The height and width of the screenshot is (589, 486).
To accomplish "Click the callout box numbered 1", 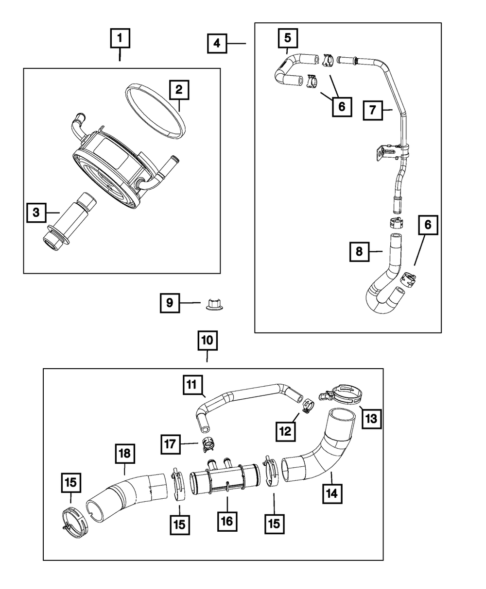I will pos(120,38).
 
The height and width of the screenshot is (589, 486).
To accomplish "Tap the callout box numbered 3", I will pos(37,213).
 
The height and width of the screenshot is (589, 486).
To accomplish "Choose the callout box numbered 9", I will pos(170,303).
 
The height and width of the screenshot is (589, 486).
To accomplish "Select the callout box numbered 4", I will pos(217,43).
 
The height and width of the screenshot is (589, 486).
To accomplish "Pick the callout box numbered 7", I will pos(372,110).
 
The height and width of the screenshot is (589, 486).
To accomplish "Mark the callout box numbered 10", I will pos(208,341).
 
